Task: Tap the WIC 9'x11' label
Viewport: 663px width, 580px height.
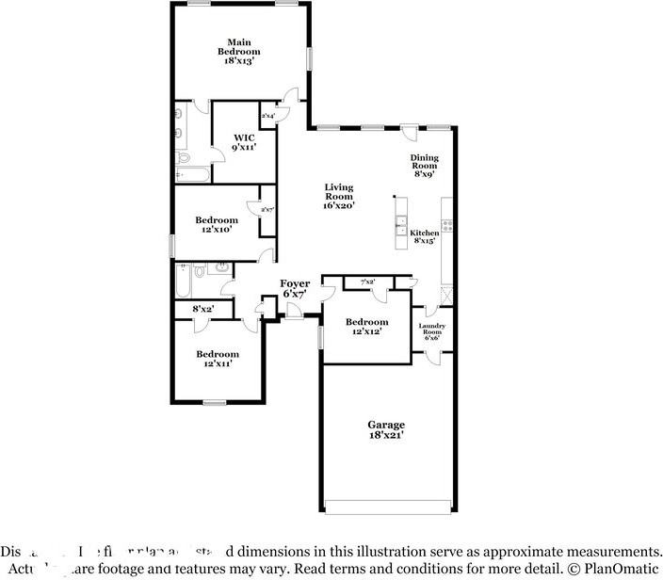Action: (244, 141)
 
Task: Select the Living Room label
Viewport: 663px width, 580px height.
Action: (339, 195)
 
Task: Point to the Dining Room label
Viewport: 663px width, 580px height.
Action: (424, 166)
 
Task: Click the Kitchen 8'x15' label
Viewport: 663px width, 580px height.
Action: (424, 235)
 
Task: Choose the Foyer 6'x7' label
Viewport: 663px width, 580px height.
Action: (295, 288)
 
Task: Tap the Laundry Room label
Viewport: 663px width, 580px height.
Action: (431, 331)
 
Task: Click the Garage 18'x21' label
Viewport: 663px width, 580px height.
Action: (386, 430)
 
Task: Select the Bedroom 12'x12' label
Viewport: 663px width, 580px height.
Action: (366, 326)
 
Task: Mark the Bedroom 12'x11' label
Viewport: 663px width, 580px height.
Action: (217, 359)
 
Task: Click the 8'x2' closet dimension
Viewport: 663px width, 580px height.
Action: (202, 309)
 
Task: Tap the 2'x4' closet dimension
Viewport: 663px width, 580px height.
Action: (267, 116)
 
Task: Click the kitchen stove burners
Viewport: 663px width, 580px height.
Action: (448, 226)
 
